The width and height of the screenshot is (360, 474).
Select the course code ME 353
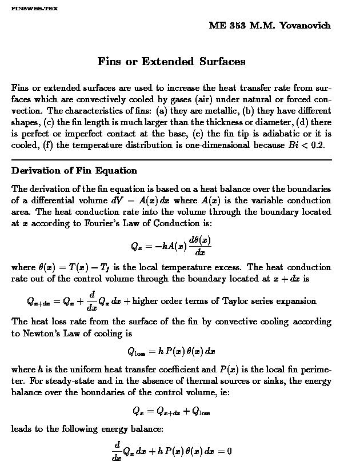coord(227,26)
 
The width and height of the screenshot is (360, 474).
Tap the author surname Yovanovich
coord(305,26)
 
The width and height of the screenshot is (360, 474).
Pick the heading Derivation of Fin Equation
coord(74,171)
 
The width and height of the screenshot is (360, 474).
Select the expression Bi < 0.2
coord(306,145)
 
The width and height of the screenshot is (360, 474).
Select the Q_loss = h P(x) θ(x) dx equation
coord(171,351)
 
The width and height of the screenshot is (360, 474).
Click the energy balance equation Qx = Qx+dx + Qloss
coord(171,411)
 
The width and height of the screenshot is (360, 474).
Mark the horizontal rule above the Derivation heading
coord(171,159)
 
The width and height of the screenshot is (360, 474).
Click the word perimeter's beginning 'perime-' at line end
coord(317,369)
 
